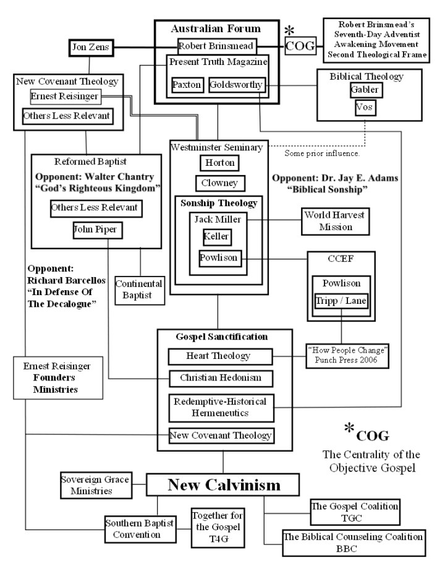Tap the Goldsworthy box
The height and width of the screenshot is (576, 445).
237,85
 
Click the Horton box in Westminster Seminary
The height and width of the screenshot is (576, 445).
219,163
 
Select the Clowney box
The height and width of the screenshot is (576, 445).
219,184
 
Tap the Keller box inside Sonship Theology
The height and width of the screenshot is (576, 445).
219,236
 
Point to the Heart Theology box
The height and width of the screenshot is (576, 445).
219,356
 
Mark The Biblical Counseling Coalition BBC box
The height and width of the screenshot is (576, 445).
353,542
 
